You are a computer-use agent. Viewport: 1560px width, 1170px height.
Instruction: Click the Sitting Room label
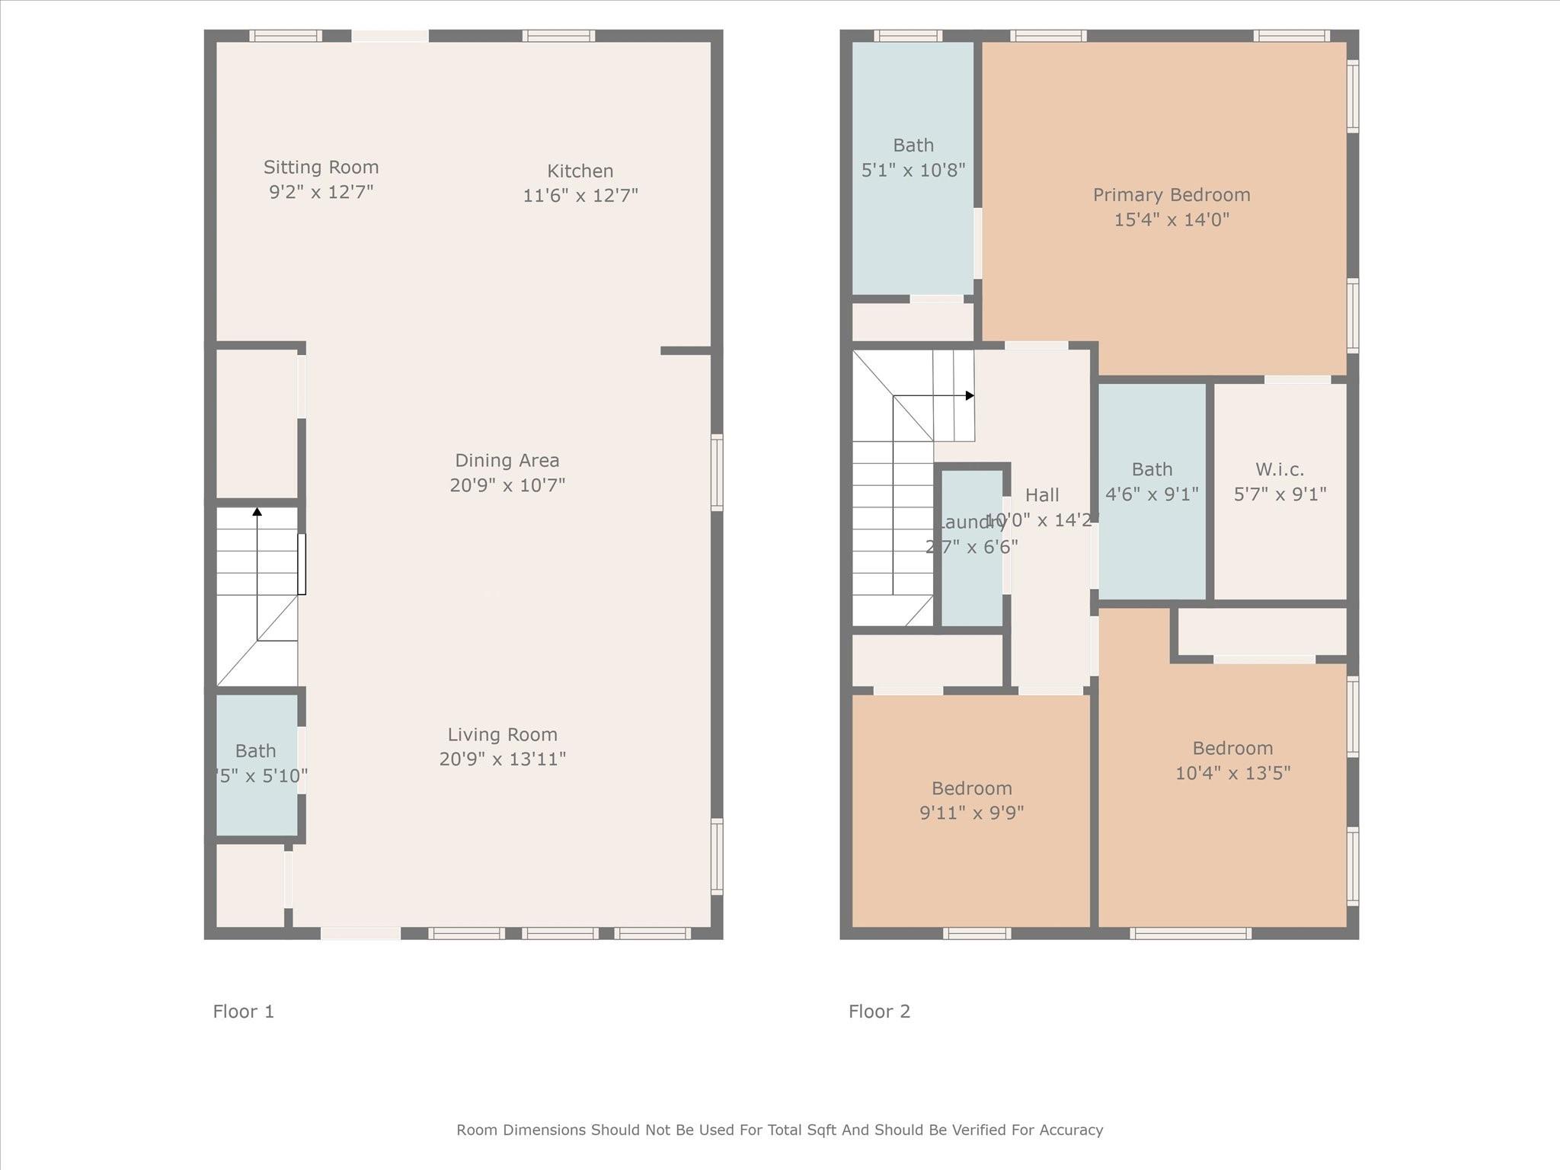[x=321, y=167]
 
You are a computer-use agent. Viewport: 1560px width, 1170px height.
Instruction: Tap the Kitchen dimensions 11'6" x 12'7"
[x=580, y=196]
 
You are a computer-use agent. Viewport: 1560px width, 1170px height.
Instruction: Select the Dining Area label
[x=507, y=460]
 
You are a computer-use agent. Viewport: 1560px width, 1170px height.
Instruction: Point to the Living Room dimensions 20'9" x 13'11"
[x=502, y=759]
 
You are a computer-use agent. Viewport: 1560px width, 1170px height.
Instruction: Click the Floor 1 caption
[x=243, y=1012]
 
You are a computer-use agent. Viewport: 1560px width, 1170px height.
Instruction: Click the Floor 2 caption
[x=879, y=1012]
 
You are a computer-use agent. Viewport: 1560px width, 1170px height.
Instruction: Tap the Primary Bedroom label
[x=1171, y=195]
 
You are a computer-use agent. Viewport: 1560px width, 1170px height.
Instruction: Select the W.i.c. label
[x=1280, y=469]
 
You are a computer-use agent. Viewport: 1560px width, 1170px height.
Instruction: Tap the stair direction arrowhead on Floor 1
[x=257, y=512]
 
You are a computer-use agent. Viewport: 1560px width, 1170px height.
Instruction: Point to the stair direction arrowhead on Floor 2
[x=970, y=395]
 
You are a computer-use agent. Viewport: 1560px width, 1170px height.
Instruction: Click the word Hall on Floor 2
[x=1041, y=495]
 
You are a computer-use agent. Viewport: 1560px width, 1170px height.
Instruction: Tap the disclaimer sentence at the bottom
[x=779, y=1130]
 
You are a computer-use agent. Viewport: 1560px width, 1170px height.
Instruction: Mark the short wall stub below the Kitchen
[x=686, y=350]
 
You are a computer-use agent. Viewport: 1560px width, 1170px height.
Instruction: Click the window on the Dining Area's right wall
[x=717, y=472]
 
